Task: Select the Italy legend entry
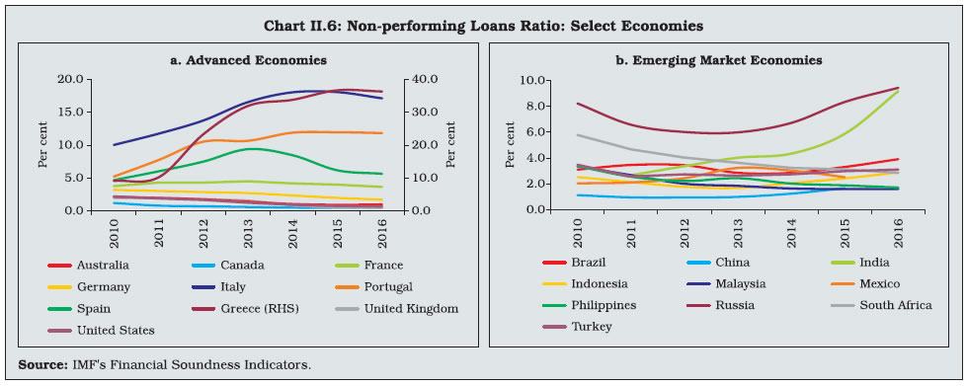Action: pos(225,287)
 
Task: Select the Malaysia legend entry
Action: pos(726,284)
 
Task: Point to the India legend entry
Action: pos(863,263)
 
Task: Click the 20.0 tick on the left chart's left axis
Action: pos(70,80)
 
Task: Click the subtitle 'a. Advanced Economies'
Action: pos(247,60)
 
